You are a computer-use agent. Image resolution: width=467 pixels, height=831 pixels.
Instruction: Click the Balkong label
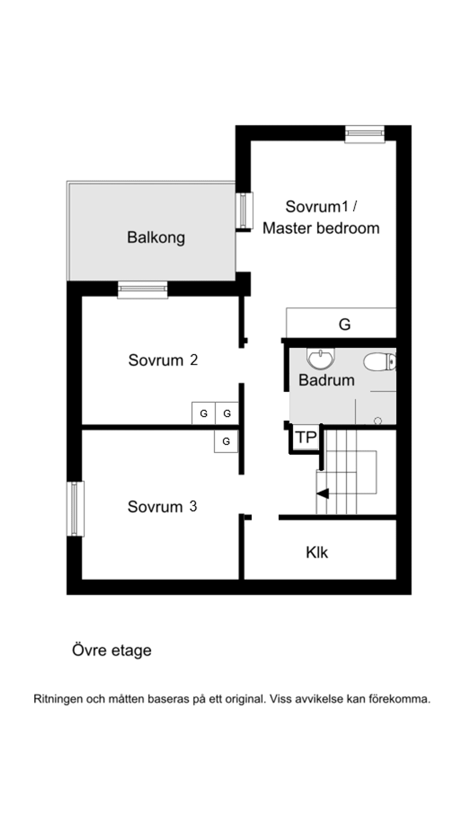pos(156,237)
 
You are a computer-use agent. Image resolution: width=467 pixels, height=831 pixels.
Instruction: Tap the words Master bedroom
pos(321,228)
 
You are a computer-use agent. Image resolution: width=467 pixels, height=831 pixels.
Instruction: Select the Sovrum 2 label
pos(162,360)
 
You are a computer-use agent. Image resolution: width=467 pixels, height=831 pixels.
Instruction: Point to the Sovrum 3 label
pos(162,506)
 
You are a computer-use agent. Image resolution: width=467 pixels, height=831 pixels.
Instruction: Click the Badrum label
pos(326,380)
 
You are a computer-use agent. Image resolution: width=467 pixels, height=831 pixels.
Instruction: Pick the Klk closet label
pos(317,553)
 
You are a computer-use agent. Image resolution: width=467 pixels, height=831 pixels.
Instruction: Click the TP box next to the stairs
pos(306,437)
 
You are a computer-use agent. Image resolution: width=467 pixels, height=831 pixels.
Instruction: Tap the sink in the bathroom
pos(321,359)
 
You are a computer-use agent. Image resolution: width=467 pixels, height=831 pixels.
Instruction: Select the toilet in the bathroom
pos(380,362)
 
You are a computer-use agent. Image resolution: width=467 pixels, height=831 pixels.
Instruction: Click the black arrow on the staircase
pos(323,494)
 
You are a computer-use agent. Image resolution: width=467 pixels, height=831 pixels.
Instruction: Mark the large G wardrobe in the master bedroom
pos(344,324)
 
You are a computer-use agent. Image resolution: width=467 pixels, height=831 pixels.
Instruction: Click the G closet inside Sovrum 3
pos(226,442)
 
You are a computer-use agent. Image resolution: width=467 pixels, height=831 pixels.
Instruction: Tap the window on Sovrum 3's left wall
pos(75,509)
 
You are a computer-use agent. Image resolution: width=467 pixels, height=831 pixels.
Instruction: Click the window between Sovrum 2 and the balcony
pos(143,289)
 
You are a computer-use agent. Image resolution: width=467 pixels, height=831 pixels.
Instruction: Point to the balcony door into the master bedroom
pos(245,211)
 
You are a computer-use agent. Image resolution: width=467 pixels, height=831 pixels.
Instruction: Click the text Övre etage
pos(111,650)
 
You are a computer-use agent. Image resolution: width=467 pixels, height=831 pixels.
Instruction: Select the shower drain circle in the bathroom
pos(378,420)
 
